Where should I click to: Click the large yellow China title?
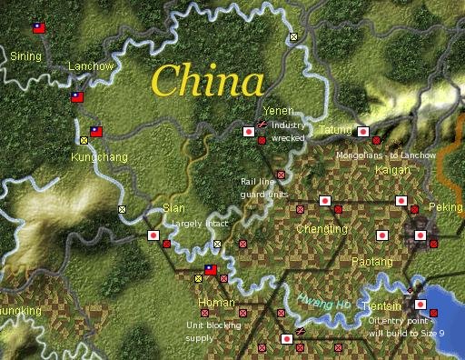pyautogui.click(x=208, y=81)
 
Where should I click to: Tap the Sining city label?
pyautogui.click(x=25, y=56)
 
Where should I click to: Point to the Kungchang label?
pyautogui.click(x=99, y=157)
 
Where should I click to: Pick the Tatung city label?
pyautogui.click(x=335, y=131)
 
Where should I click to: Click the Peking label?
pyautogui.click(x=446, y=207)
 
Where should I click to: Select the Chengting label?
pyautogui.click(x=322, y=229)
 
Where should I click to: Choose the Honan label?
pyautogui.click(x=216, y=302)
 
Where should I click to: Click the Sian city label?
pyautogui.click(x=173, y=208)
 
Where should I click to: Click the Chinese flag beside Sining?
pyautogui.click(x=39, y=28)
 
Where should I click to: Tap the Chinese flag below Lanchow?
pyautogui.click(x=78, y=96)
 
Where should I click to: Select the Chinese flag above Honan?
pyautogui.click(x=211, y=270)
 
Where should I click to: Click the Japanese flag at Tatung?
pyautogui.click(x=362, y=132)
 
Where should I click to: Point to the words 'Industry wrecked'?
pyautogui.click(x=288, y=131)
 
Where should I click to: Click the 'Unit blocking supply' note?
pyautogui.click(x=214, y=331)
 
